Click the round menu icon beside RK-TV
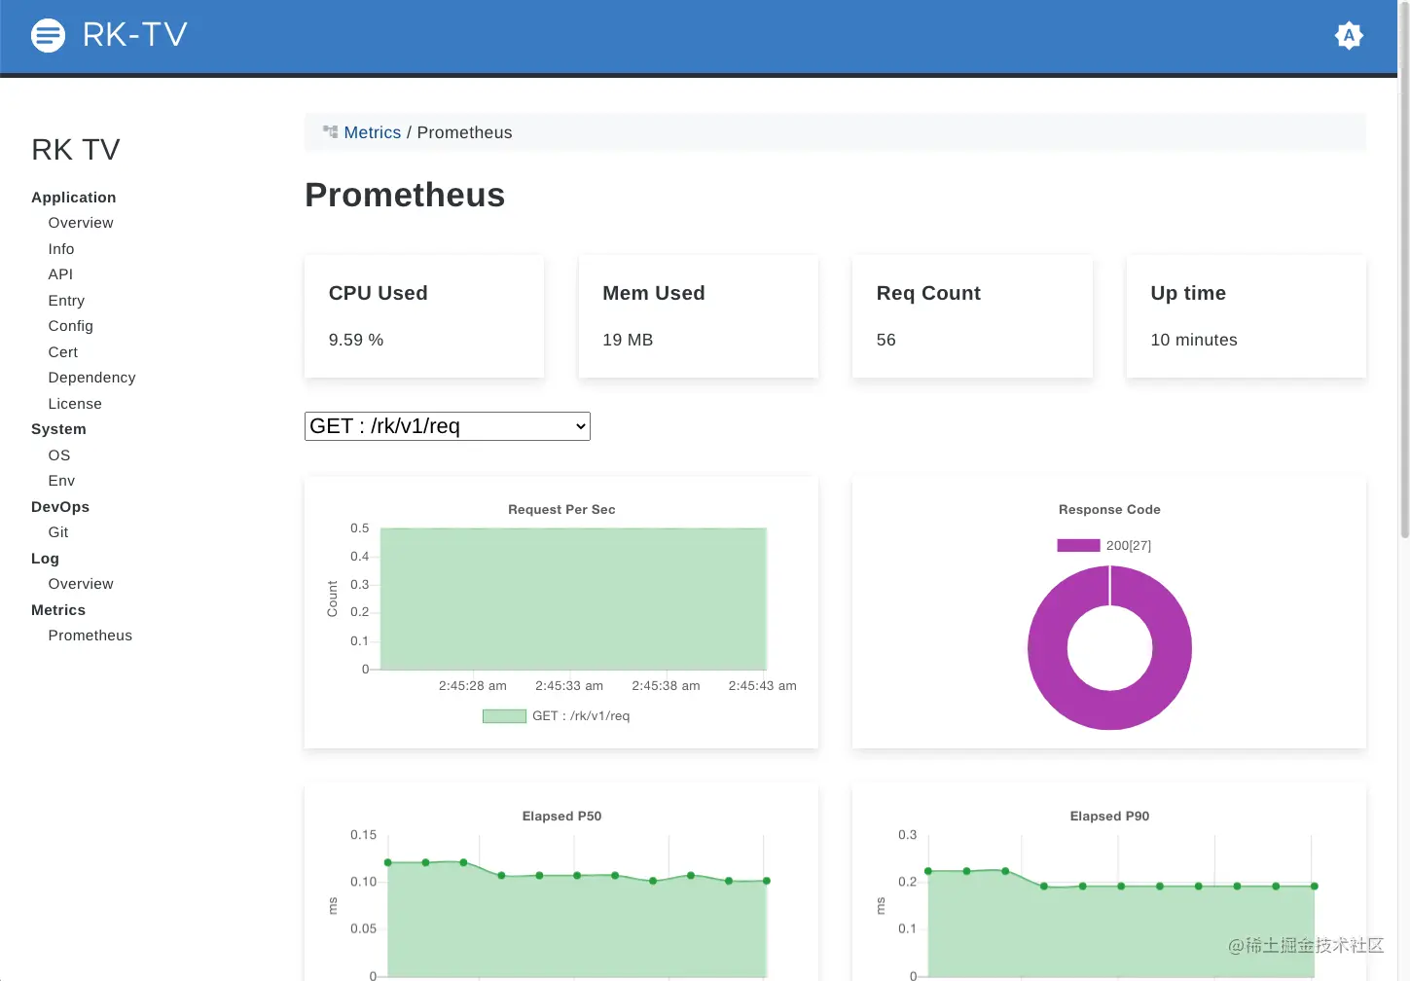pos(48,36)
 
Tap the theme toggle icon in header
pos(1349,36)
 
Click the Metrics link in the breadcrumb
pos(372,132)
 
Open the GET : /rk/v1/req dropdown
pos(447,426)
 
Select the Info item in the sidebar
pos(61,249)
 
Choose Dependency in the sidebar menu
pos(91,378)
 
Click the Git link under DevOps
pos(58,532)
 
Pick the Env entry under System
pos(61,481)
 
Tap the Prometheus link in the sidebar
pos(90,636)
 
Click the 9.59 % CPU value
pos(356,340)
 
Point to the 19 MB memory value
pos(628,340)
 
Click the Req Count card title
pos(928,293)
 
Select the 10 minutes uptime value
pos(1194,340)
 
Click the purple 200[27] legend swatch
pos(1078,545)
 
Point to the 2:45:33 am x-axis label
pos(569,686)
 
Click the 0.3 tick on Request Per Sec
pos(360,585)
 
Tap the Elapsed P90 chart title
pos(1109,816)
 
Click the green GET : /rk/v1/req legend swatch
pos(504,716)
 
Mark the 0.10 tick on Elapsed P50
pos(363,882)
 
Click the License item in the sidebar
pos(75,404)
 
